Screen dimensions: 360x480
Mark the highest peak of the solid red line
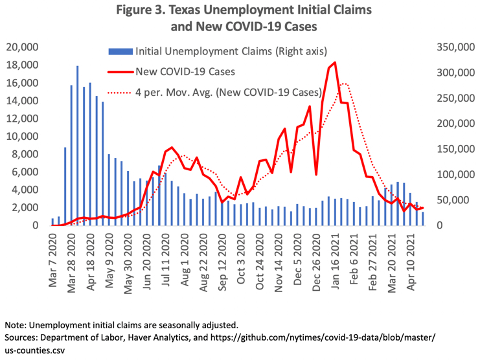pos(335,63)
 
